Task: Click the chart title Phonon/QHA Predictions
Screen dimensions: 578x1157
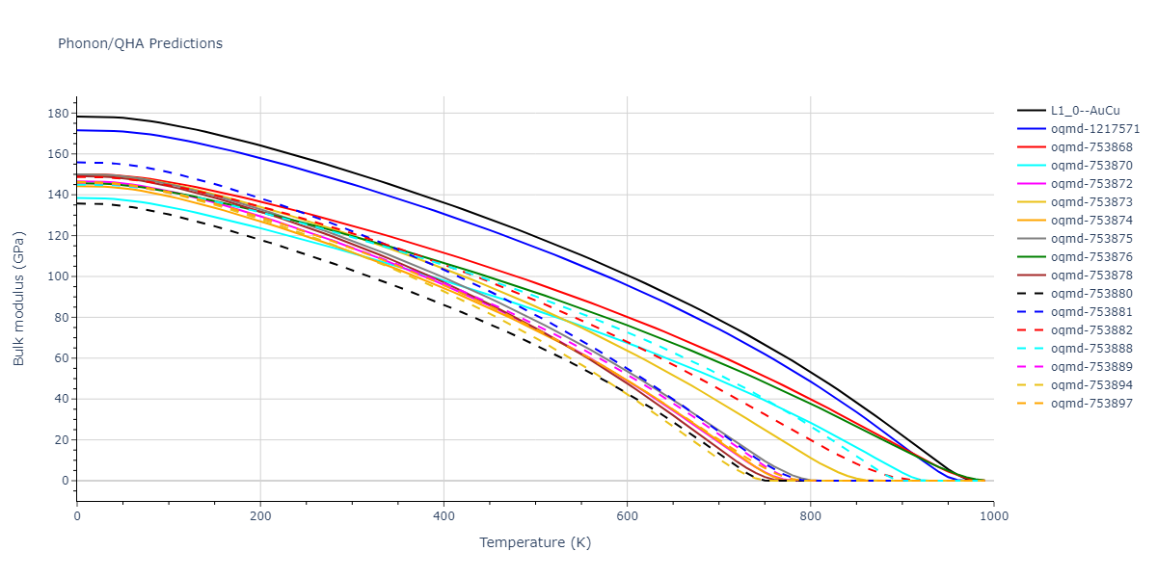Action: pos(140,43)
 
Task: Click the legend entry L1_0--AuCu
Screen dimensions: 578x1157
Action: pos(1085,111)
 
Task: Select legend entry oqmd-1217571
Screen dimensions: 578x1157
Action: pos(1095,129)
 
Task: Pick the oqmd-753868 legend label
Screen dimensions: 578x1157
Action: pos(1091,147)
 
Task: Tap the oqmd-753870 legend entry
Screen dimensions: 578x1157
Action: pos(1091,166)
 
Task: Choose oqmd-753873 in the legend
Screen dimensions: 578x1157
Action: pos(1091,202)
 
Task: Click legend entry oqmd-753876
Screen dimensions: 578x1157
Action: pos(1091,257)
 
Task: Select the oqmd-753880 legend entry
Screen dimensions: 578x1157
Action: pos(1091,294)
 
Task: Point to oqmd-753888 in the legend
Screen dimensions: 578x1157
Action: pos(1091,349)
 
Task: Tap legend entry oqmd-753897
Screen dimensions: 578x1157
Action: pos(1091,404)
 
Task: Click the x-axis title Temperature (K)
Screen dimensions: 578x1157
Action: pos(535,543)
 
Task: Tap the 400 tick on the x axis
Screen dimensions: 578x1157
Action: pos(444,515)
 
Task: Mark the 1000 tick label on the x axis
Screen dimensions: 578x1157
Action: pos(993,515)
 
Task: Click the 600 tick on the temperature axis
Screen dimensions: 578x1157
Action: pos(627,515)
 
